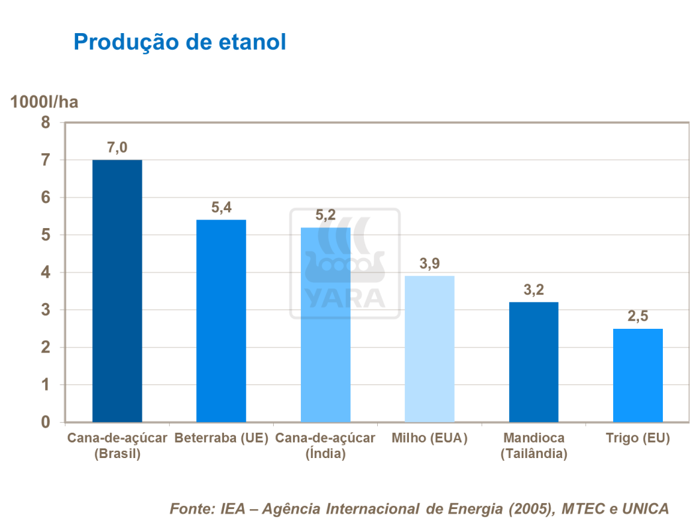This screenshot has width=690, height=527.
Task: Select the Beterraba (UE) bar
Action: (x=221, y=321)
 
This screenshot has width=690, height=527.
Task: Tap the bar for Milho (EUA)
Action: (x=430, y=349)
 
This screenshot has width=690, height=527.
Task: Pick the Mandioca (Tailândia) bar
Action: (x=534, y=362)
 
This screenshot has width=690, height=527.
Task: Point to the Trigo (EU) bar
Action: (x=638, y=375)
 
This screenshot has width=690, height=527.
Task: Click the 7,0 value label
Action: (x=117, y=147)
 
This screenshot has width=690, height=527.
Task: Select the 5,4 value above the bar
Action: (x=221, y=207)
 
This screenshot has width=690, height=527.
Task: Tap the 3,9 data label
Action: (x=430, y=264)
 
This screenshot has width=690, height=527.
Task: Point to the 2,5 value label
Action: (x=638, y=316)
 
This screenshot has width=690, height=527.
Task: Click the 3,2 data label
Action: (x=534, y=290)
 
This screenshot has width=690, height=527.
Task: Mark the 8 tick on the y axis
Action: (x=46, y=123)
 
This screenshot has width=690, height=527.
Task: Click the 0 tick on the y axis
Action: (x=46, y=422)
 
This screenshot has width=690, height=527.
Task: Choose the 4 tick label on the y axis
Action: (x=46, y=272)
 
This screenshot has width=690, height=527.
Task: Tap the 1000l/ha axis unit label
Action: (x=44, y=101)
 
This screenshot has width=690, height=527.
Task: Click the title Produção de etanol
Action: (x=180, y=42)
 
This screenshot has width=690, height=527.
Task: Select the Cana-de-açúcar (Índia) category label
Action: (x=325, y=446)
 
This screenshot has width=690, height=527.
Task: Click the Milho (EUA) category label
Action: (x=430, y=438)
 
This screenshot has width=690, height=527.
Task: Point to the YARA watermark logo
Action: (x=344, y=264)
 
